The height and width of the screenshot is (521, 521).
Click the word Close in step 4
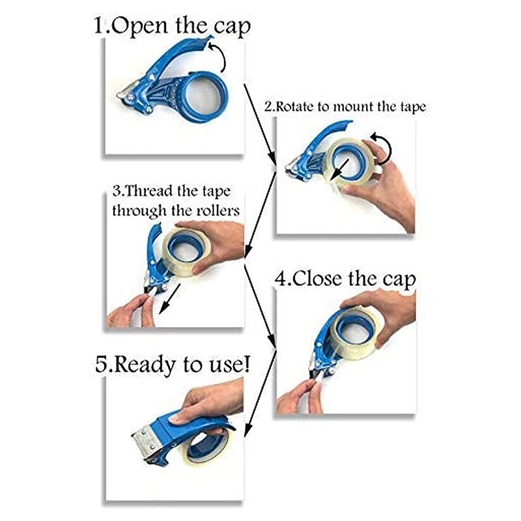pyautogui.click(x=322, y=279)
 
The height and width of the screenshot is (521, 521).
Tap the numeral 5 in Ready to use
pyautogui.click(x=101, y=363)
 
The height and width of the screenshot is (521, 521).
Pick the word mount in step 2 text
pyautogui.click(x=354, y=107)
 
